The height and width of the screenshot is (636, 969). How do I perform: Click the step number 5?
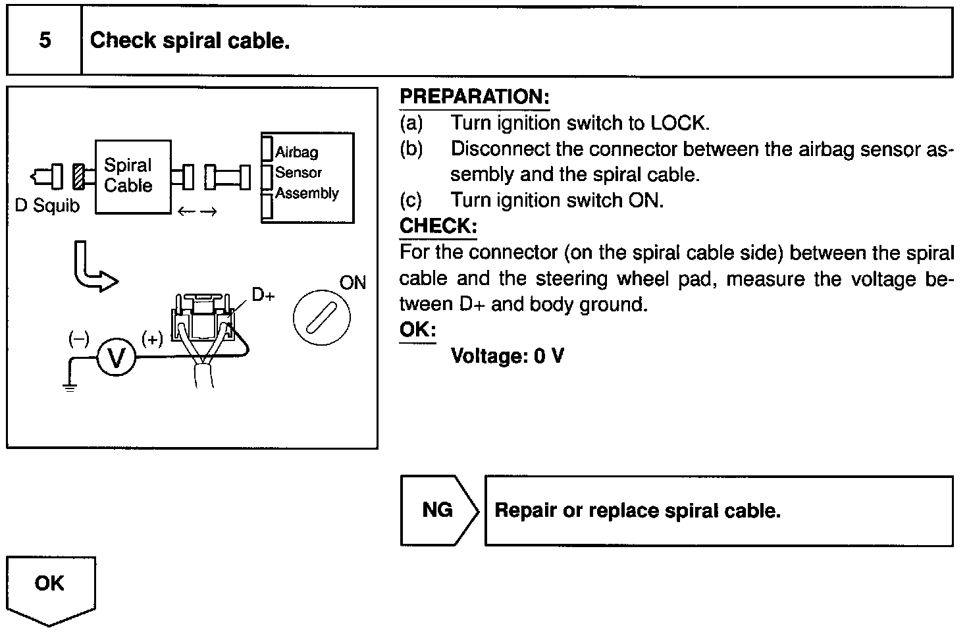click(44, 41)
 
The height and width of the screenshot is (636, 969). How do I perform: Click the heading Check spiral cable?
click(190, 41)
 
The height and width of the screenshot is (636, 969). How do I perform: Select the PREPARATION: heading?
click(474, 97)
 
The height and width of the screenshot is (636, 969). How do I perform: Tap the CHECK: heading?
click(438, 226)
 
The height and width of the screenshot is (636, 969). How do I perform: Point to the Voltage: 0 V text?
click(507, 356)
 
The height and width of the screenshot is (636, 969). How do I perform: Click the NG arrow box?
click(438, 510)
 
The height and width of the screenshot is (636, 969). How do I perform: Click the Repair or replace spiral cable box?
click(718, 511)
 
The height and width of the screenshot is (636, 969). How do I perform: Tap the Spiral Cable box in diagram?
click(133, 176)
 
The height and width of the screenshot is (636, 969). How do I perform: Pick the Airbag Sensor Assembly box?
click(307, 178)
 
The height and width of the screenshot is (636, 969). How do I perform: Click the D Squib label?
click(47, 206)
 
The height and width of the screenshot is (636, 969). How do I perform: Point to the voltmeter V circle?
click(117, 358)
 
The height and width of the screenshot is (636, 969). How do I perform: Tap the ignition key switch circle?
click(321, 318)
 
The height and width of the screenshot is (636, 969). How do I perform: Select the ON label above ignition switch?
click(352, 283)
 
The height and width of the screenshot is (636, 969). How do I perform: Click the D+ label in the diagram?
click(263, 295)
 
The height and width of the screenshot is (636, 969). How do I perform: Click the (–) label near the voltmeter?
click(78, 338)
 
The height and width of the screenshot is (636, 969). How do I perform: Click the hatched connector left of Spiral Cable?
click(79, 176)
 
